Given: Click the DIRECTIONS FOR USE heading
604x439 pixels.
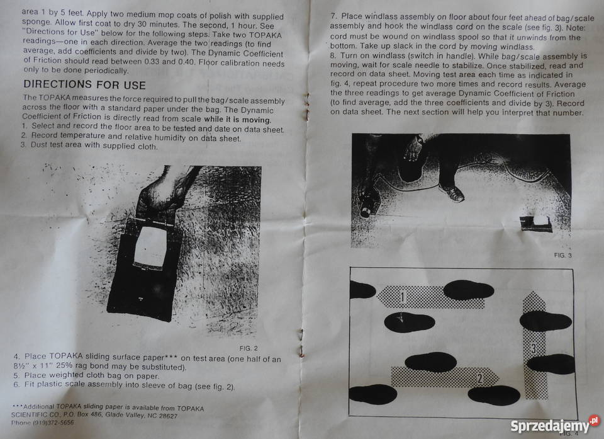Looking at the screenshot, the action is (84, 84).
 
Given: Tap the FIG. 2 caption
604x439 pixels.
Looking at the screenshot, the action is (249, 348).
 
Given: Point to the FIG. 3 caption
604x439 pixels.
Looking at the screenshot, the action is (562, 255).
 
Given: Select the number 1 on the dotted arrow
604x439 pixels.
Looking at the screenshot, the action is (403, 297).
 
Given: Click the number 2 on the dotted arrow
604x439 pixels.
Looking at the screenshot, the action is (480, 378).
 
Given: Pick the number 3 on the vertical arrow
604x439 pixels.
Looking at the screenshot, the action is (534, 348).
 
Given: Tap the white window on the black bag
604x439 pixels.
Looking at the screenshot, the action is (150, 246).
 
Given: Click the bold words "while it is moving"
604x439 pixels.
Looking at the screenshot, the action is (238, 120).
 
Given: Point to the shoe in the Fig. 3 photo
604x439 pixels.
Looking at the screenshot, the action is (452, 193).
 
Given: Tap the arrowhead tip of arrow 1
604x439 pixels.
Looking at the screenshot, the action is (377, 297).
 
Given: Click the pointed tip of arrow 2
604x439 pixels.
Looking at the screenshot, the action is (499, 377).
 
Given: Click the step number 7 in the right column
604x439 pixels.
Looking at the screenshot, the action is (333, 16).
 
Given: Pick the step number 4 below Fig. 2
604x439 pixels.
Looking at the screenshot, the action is (16, 356).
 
